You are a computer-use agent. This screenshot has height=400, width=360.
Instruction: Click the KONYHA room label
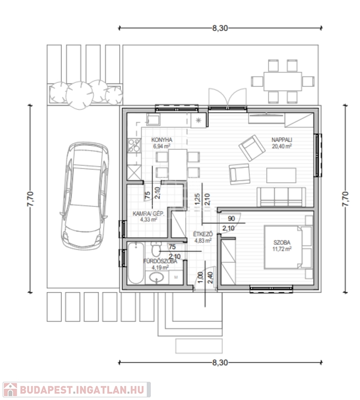click(161, 140)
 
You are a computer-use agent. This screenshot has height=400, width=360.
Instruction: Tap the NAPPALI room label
click(281, 140)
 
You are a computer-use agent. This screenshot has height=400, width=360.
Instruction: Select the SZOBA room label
click(282, 243)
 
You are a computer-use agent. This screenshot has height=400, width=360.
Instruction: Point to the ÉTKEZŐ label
click(203, 234)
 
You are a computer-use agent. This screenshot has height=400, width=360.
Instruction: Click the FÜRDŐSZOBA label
click(160, 261)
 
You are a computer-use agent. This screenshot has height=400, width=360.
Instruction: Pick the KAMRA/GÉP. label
click(149, 214)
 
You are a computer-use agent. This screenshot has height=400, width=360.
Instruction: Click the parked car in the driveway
click(85, 196)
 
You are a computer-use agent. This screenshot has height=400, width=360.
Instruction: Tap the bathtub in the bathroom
click(136, 263)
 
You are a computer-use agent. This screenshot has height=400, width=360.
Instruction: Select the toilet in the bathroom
click(156, 249)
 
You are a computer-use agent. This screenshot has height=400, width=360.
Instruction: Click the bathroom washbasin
click(157, 278)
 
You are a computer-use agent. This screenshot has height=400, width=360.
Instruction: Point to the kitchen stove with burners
click(134, 145)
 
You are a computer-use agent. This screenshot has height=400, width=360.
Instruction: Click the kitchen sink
click(153, 119)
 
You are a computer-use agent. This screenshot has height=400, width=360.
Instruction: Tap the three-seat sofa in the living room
click(281, 197)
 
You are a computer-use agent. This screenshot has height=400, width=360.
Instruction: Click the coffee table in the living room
click(281, 175)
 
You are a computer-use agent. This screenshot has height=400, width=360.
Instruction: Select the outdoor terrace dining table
click(282, 81)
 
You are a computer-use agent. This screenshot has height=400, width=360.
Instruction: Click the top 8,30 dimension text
click(220, 28)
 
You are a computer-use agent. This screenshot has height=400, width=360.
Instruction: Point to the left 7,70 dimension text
click(30, 199)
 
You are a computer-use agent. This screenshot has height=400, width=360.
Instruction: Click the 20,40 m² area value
click(281, 146)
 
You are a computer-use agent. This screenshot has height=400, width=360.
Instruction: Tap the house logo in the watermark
click(10, 390)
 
